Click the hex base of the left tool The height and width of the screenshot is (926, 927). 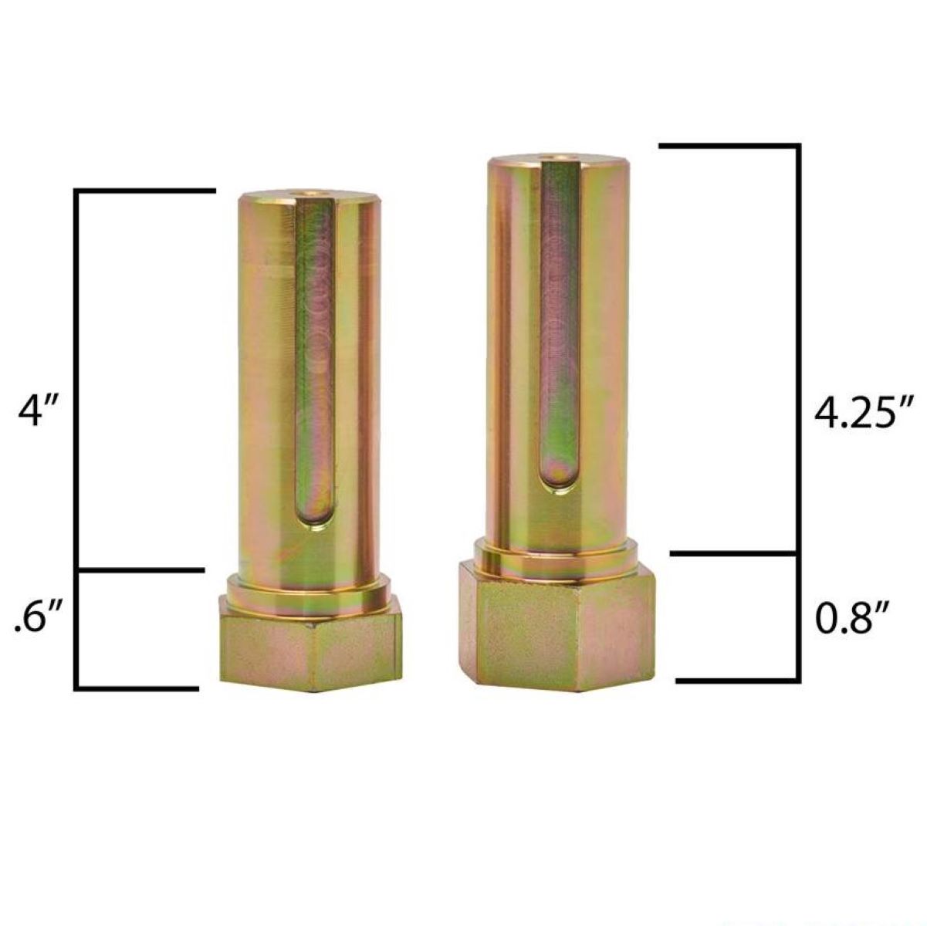coord(310,644)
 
